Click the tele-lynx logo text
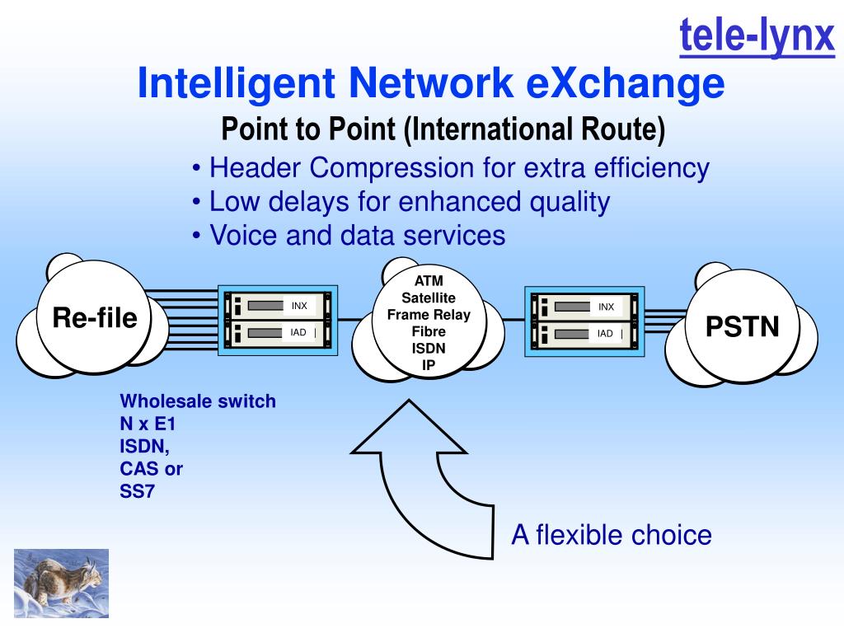click(757, 36)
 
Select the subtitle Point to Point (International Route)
click(443, 129)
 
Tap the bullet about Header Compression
click(450, 168)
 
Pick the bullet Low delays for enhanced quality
click(401, 202)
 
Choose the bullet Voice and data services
click(348, 236)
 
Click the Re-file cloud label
click(95, 317)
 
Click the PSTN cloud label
click(742, 326)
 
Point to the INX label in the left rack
click(299, 306)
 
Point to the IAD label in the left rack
click(298, 333)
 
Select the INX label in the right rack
click(606, 307)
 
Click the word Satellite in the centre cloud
click(429, 298)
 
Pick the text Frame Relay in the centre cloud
click(429, 315)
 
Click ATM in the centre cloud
click(429, 281)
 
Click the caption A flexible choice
click(611, 535)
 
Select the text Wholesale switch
click(198, 401)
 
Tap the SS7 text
click(138, 492)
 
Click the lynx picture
click(61, 583)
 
